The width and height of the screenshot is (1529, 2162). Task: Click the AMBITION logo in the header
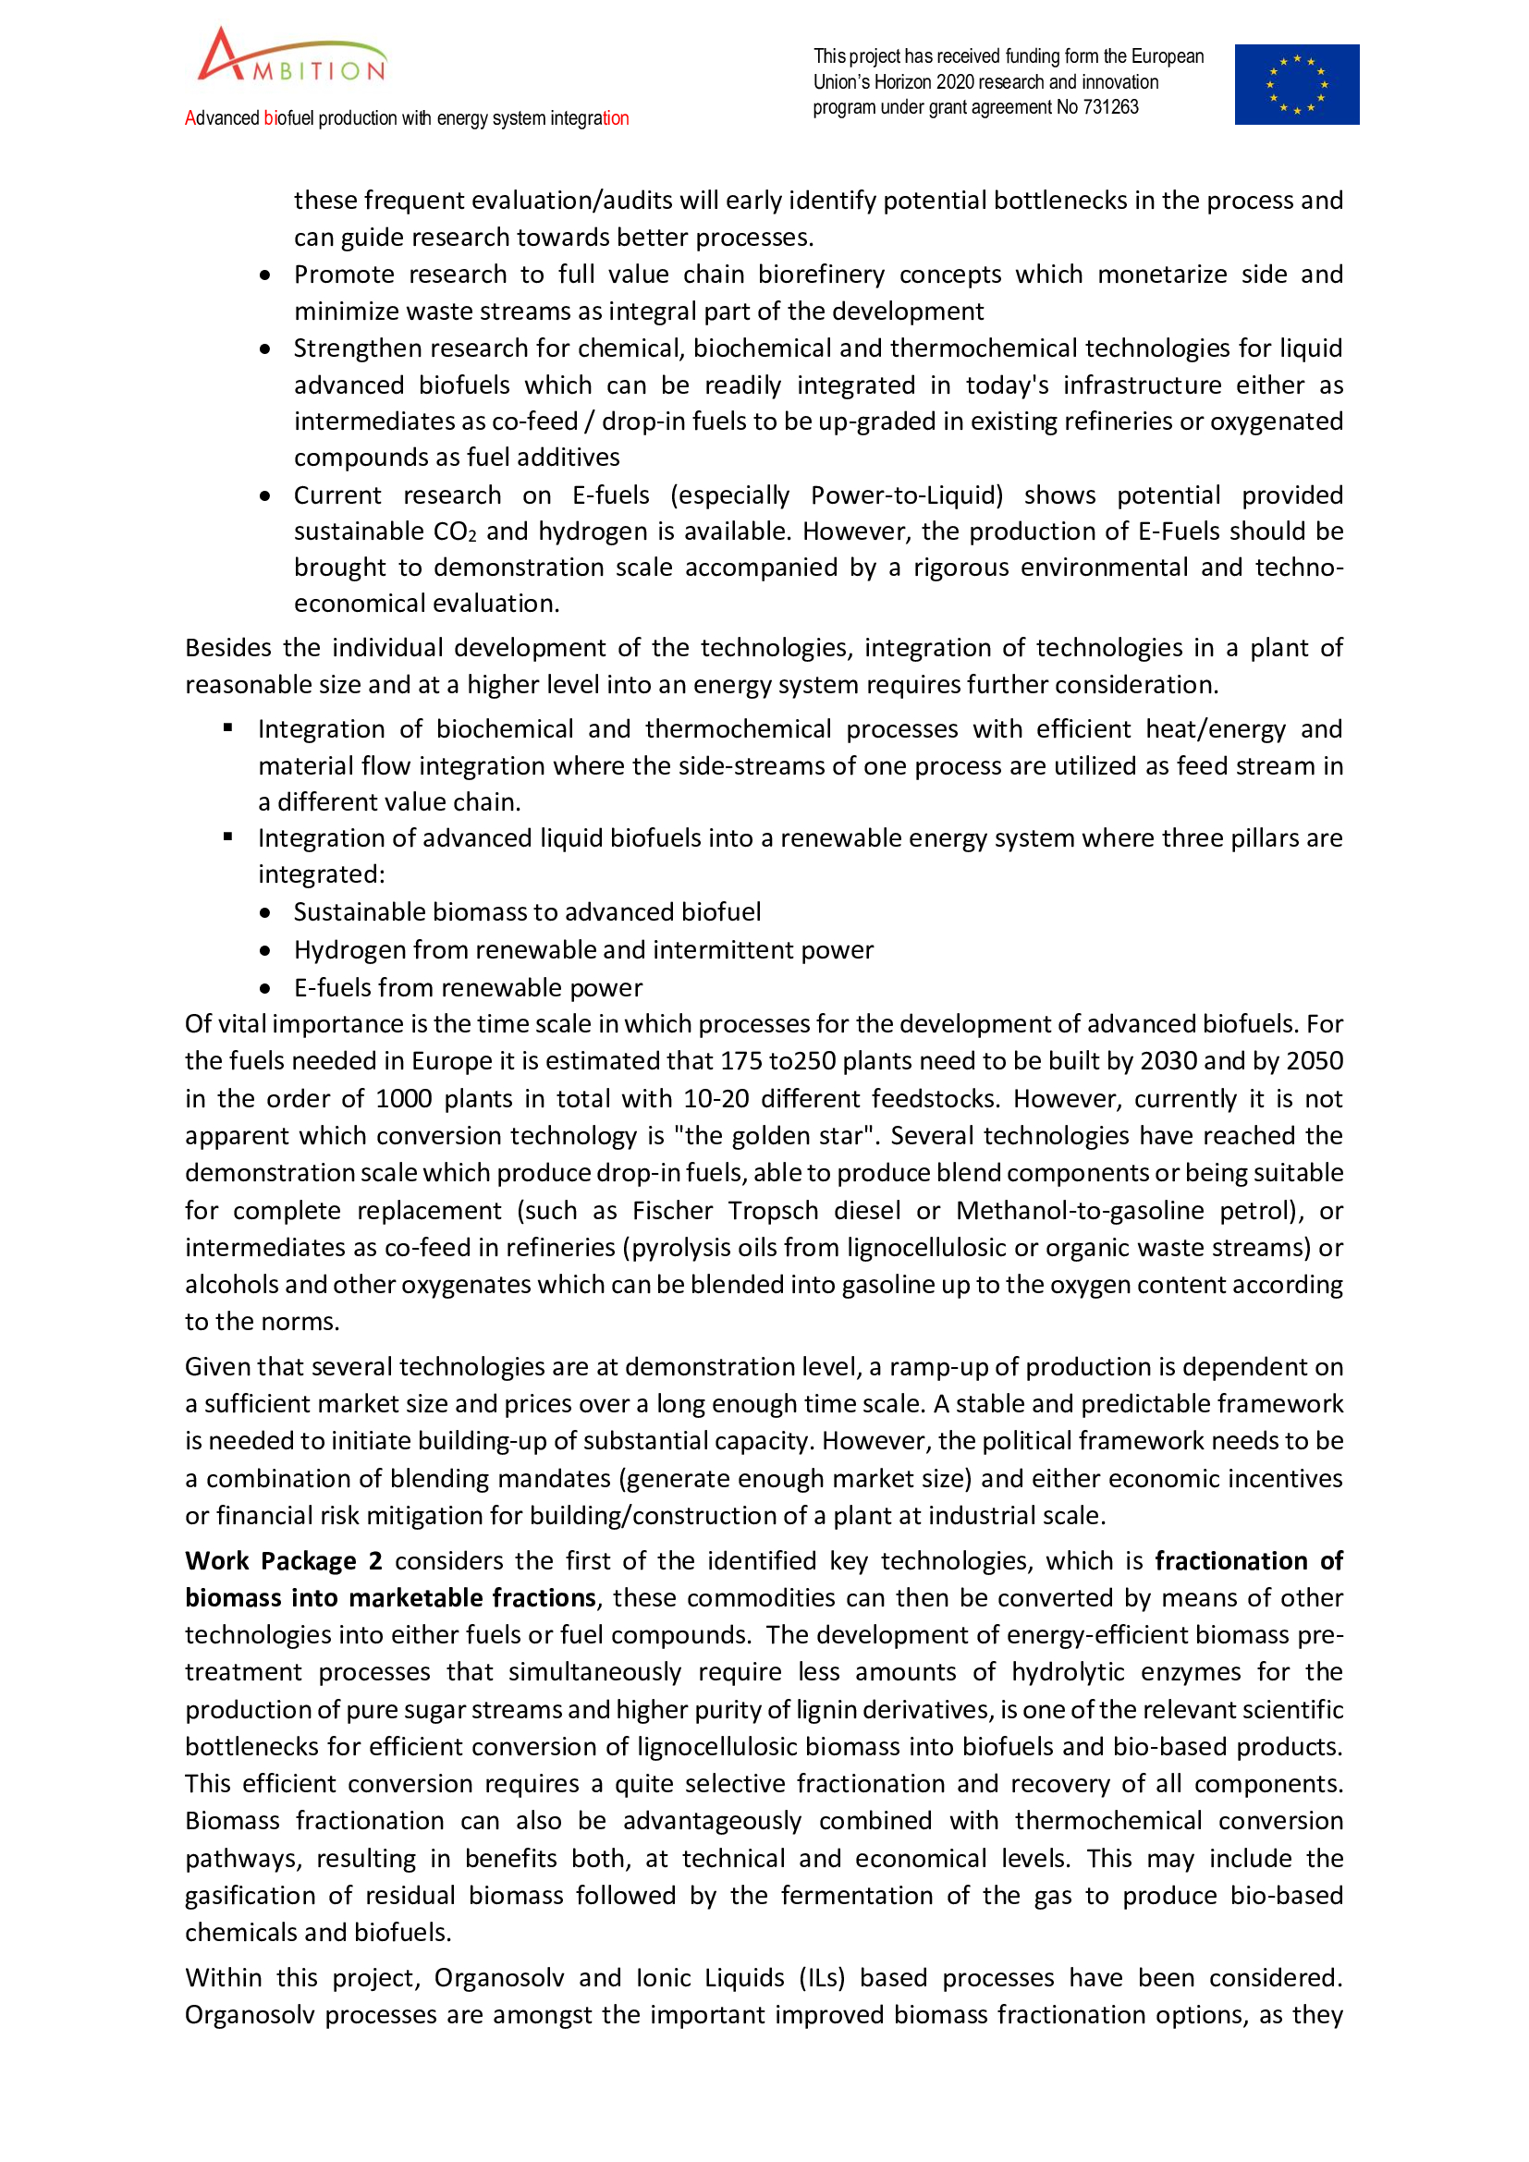coord(292,56)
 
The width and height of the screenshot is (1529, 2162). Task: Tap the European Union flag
coord(1296,85)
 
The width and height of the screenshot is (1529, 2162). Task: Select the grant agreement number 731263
coord(1111,107)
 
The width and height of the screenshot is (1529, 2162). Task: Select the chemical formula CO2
coord(455,532)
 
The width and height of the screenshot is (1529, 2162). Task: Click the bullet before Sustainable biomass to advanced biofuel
coord(265,912)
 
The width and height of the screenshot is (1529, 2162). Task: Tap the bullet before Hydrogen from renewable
coord(265,950)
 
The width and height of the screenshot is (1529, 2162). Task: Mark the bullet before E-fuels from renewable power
coord(265,988)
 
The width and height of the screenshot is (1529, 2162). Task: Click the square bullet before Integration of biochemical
coord(227,727)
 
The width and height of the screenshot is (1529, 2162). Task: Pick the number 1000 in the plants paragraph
coord(404,1099)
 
